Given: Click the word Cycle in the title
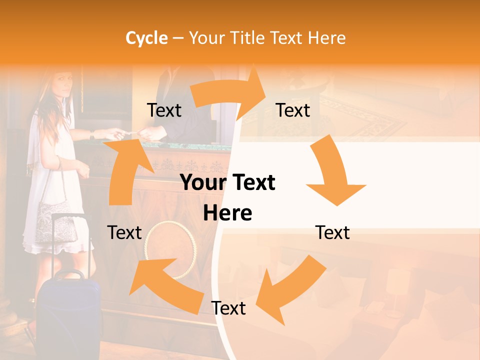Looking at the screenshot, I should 146,38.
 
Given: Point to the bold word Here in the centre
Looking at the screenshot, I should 227,213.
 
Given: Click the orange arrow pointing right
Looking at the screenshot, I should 230,92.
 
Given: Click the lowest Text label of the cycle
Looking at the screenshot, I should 228,308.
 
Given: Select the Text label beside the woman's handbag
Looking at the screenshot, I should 124,232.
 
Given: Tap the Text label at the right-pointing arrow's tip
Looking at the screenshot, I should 293,110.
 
